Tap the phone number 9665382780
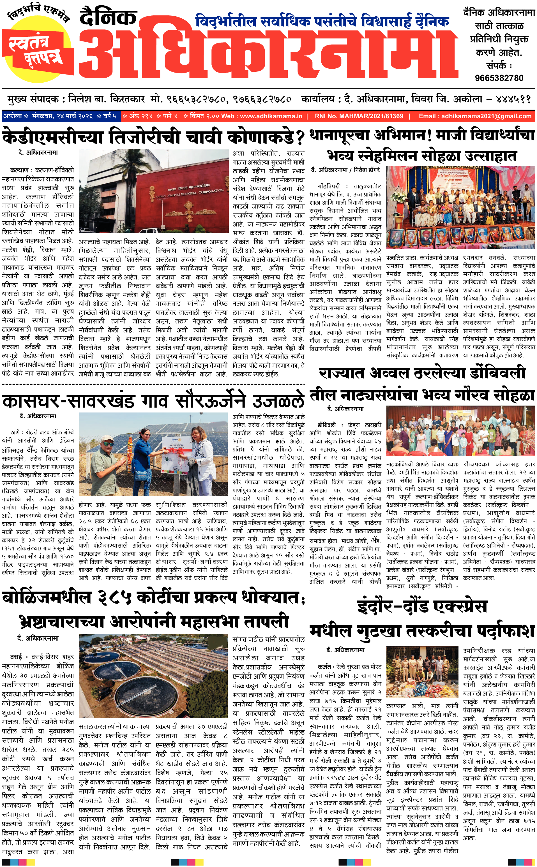point(499,78)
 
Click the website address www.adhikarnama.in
point(271,116)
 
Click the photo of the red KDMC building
point(153,191)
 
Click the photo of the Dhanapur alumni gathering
point(461,208)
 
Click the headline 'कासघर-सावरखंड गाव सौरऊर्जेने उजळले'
point(153,401)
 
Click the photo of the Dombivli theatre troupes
point(461,431)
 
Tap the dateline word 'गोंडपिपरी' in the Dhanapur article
point(329,186)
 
